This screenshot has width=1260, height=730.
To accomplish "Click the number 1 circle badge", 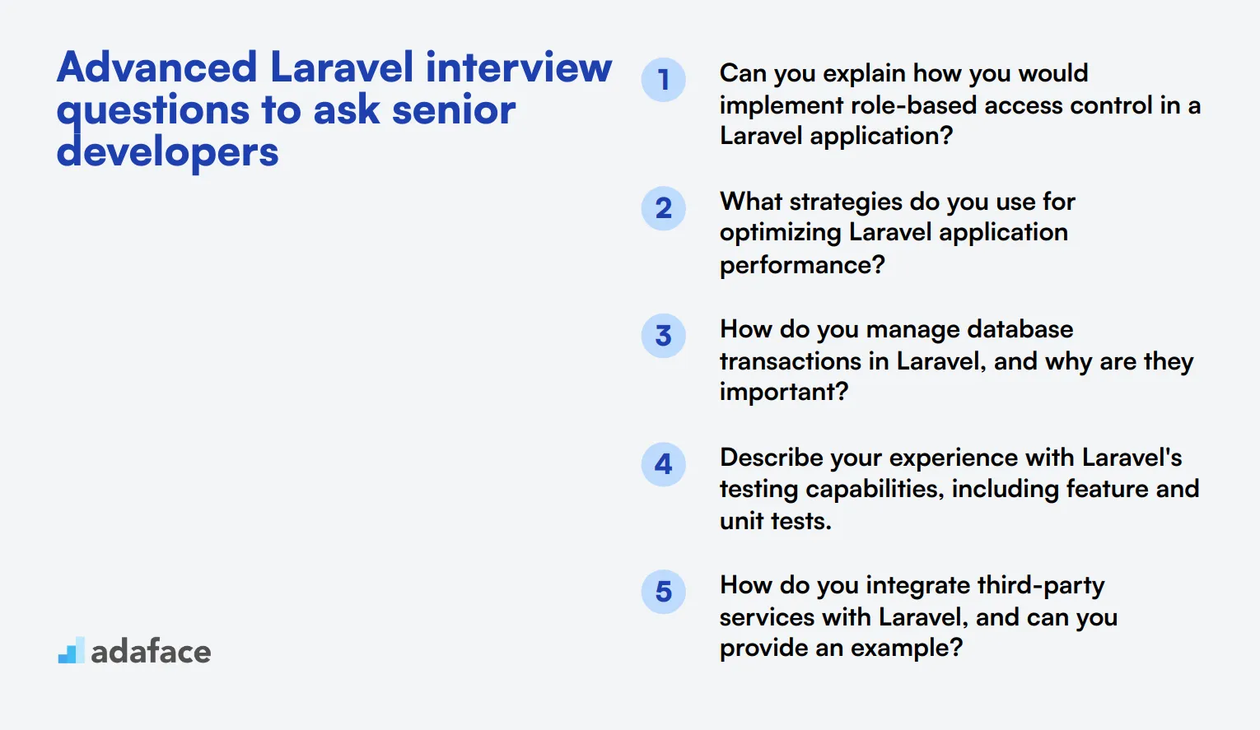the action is point(663,80).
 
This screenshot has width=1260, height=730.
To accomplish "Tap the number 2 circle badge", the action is point(663,208).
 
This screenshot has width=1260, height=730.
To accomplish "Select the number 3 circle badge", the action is point(663,336).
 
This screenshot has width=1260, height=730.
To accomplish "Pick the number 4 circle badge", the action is point(663,464).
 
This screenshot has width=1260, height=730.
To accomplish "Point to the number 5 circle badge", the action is point(663,592).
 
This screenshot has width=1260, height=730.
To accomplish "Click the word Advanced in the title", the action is point(157,67).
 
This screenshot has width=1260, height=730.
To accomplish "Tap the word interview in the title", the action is point(519,67).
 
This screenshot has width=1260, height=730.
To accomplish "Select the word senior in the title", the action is point(454,109).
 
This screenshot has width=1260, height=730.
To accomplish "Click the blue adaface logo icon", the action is point(72,650).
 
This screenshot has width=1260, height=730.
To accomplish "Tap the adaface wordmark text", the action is point(151,652).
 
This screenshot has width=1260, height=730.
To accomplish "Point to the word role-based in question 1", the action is point(913,105).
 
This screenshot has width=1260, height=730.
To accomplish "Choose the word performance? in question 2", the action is point(802,265).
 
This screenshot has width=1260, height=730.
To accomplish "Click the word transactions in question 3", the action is point(791,361).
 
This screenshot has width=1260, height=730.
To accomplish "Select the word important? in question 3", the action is point(783,393).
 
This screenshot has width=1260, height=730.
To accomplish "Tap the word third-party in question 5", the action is point(1041,586).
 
